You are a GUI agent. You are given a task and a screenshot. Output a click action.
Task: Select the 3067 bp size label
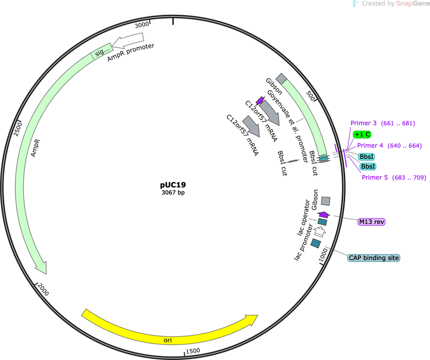pos(173,193)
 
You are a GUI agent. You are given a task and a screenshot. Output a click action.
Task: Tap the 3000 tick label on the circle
pos(142,25)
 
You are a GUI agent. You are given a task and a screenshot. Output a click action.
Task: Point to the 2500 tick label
pos(18,129)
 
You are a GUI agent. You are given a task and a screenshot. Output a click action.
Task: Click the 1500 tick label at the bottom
pos(193,351)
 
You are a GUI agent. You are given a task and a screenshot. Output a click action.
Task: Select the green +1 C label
pos(362,134)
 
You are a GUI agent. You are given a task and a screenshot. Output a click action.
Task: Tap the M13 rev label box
pos(371,222)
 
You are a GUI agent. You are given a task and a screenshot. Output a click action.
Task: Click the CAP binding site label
pos(374,258)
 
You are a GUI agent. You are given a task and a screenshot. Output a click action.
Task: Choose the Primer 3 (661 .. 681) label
pos(383,123)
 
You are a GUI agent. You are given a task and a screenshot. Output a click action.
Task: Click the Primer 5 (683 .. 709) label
pos(394,177)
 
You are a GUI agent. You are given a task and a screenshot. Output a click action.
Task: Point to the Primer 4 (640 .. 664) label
pos(389,146)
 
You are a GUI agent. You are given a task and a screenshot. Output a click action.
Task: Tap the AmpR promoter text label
pos(130,52)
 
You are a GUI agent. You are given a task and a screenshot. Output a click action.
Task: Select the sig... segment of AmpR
pos(101,51)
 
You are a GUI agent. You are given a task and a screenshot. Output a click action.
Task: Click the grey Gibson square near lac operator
pos(326,201)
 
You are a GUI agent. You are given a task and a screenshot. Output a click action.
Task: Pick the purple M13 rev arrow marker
pos(324,214)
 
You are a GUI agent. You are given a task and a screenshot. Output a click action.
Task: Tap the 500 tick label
pos(311,96)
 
